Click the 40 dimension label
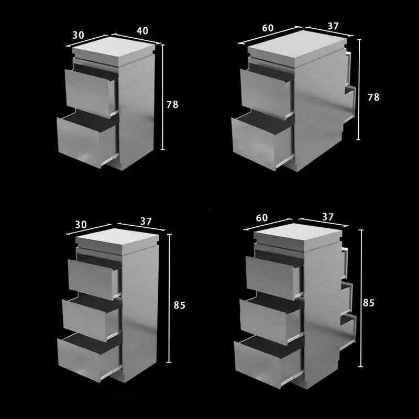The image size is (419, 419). coord(142,31)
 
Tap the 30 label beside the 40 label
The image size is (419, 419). coord(78,35)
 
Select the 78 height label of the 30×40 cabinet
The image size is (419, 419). coord(172,104)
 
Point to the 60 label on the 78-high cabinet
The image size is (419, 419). coord(268,28)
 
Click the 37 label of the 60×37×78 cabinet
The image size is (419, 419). coord(333,26)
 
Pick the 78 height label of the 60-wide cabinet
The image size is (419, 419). coord(373,97)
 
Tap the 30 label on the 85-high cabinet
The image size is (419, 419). coord(81,225)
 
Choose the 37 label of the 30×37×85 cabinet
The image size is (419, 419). coord(146,221)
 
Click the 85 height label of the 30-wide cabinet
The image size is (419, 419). coord(179,305)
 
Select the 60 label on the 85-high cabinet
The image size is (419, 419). coord(262,218)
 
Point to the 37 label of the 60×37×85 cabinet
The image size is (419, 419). coord(328,216)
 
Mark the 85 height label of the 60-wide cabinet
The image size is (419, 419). coord(369,303)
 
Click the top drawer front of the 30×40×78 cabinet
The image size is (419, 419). coord(91,93)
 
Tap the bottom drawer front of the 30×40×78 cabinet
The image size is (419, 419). coord(87,141)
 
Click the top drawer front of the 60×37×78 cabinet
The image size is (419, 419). coord(266,92)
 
